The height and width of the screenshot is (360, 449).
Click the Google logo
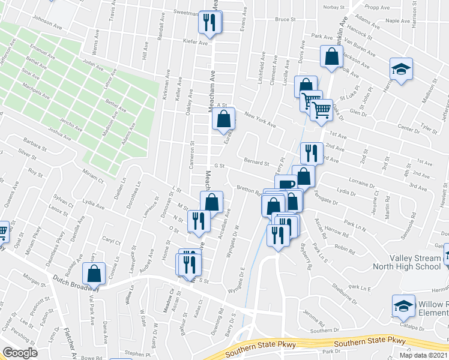click(x=20, y=353)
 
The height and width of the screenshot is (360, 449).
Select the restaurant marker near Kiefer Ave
click(x=211, y=23)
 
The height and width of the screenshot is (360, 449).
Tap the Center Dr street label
click(x=408, y=128)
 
